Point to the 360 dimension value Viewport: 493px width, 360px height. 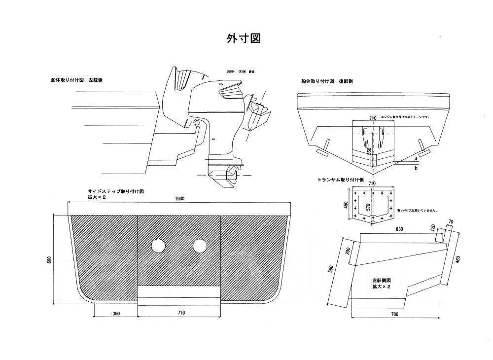click(116, 313)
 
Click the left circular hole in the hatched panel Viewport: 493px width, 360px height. click(159, 246)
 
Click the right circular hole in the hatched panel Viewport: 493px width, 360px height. click(200, 246)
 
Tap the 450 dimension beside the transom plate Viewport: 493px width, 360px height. click(346, 205)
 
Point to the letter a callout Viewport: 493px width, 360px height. click(416, 159)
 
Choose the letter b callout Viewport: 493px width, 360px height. click(416, 169)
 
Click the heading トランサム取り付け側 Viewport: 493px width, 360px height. click(340, 180)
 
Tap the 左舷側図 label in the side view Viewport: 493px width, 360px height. click(382, 280)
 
